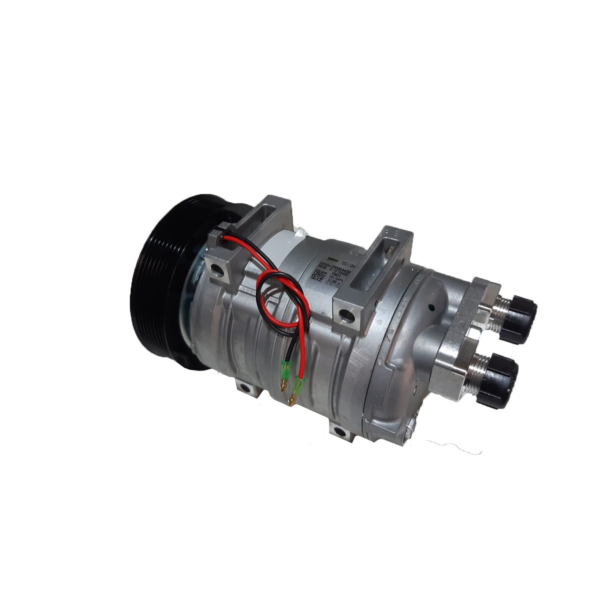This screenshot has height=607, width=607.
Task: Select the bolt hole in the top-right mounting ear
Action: tap(345, 315)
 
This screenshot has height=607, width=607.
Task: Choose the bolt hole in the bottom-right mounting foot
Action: tap(337, 431)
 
